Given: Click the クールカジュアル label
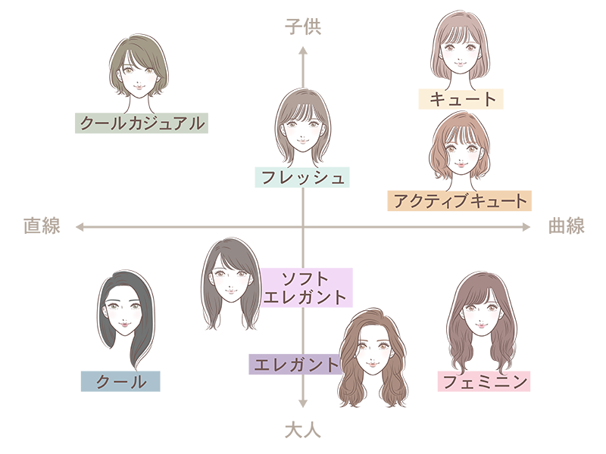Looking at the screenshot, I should (142, 123).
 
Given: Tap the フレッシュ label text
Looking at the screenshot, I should (303, 179).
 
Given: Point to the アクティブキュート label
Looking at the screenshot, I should (460, 201).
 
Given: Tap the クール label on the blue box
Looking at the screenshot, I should (121, 382).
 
